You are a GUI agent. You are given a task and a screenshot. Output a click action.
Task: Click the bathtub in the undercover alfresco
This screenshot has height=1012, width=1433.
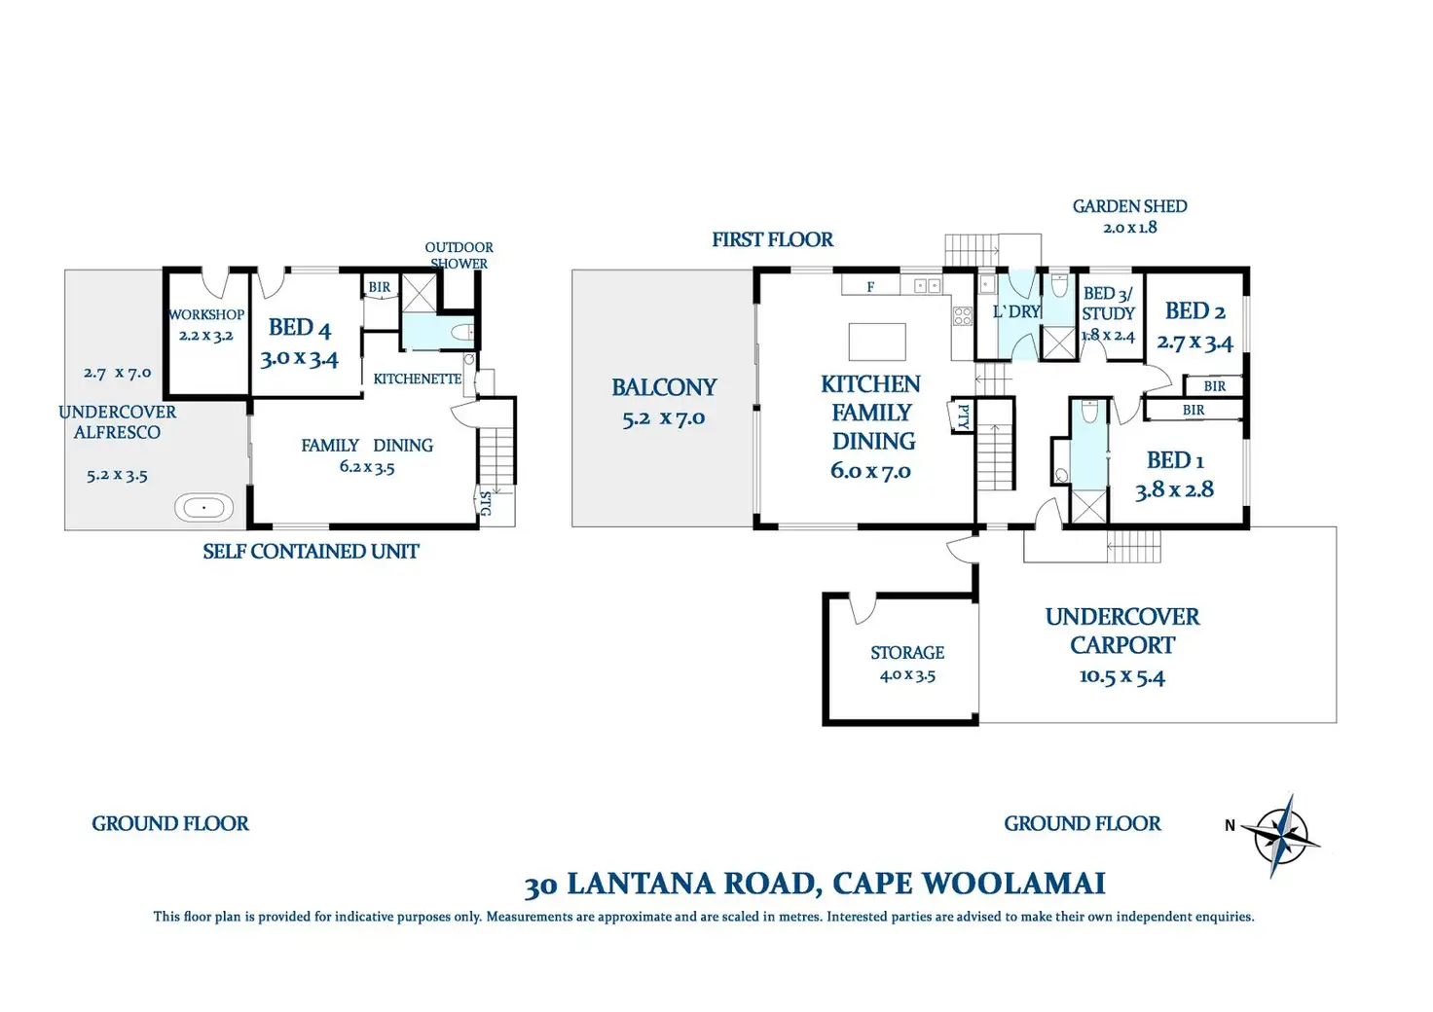point(204,507)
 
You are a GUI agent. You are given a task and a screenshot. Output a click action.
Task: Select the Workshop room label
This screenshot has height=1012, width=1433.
point(206,314)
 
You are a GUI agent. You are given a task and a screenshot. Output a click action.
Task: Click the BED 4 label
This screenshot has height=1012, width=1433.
point(300,327)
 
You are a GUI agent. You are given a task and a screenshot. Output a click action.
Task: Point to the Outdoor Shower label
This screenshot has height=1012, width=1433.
point(459,255)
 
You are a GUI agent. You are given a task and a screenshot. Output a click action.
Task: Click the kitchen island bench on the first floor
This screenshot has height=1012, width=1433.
point(877,342)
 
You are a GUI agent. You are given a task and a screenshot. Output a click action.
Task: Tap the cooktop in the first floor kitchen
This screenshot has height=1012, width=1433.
point(963,316)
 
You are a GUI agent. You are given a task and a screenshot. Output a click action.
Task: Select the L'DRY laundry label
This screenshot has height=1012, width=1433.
point(1016,312)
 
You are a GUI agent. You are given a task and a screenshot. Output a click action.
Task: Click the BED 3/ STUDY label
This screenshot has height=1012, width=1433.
point(1108,303)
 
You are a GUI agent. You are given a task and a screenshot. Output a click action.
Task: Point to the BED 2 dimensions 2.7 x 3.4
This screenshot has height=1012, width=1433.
point(1194,343)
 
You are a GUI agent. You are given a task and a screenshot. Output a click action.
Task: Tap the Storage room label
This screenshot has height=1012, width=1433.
point(907,653)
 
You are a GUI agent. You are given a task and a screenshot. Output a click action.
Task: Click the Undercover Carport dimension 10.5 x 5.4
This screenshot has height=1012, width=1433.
point(1122,676)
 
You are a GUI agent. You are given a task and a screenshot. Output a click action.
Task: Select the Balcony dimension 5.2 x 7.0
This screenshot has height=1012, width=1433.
point(663,418)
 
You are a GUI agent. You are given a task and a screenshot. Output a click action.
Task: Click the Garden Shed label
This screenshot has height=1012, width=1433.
point(1130,206)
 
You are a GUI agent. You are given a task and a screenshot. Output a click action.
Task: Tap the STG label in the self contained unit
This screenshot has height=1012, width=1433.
point(486,504)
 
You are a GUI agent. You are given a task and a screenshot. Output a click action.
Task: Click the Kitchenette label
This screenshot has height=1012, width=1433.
point(417,379)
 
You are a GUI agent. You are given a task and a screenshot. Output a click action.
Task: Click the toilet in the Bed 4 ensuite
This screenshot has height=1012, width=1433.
point(461,333)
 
